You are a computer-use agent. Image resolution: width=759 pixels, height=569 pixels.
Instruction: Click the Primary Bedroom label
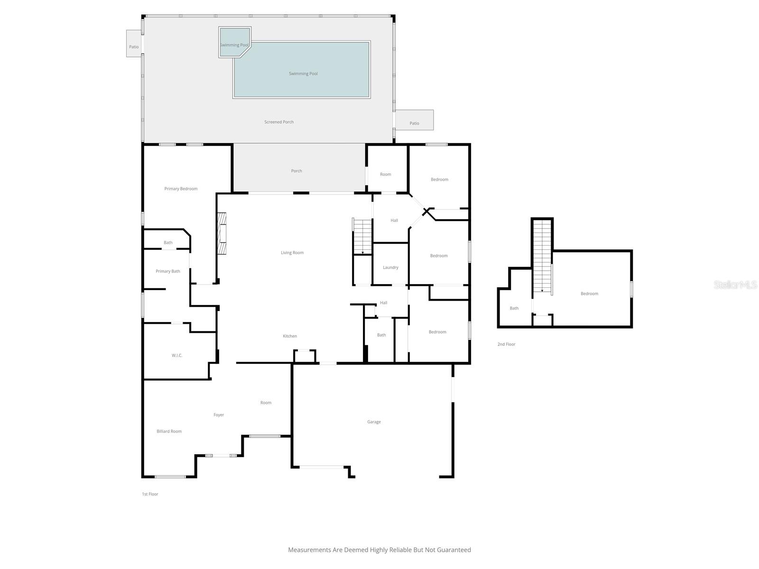[x=181, y=189]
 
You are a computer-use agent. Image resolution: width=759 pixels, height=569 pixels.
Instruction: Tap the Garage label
[x=374, y=422]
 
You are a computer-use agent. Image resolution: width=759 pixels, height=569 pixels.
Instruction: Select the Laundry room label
[x=390, y=267]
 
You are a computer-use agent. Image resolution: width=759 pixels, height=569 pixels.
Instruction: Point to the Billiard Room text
[x=169, y=431]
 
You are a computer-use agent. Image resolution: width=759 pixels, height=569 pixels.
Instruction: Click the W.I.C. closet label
[x=177, y=355]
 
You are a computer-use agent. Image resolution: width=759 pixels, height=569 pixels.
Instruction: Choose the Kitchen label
[x=290, y=336]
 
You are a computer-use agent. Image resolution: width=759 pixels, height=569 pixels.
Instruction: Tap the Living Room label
[x=292, y=253]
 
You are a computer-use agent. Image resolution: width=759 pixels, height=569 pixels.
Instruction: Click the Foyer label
[x=219, y=415]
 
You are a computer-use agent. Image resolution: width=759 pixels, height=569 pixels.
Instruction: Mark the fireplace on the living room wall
[x=222, y=233]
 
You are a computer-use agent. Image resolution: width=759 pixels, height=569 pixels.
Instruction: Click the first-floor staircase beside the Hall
[x=362, y=236]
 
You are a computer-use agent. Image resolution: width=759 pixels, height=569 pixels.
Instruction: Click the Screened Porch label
[x=279, y=122]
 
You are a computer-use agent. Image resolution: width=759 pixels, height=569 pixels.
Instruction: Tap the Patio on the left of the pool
[x=134, y=46]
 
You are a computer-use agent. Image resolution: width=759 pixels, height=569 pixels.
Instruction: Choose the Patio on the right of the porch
[x=414, y=123]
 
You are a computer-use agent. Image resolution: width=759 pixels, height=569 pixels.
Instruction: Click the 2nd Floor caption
[x=506, y=344]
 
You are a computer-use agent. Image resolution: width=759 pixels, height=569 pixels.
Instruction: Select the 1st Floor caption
[x=150, y=494]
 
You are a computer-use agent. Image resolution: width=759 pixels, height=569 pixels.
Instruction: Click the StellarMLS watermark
[x=735, y=284]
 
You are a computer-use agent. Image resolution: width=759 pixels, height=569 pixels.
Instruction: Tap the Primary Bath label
[x=168, y=271]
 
